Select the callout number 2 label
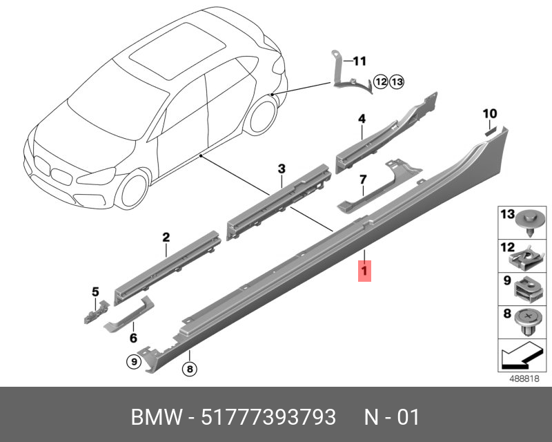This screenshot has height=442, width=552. [x=166, y=238]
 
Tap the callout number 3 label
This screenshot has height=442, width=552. [x=282, y=169]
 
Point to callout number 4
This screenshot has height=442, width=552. [x=361, y=119]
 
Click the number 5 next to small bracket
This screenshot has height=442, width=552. [x=96, y=291]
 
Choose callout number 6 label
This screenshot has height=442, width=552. [x=133, y=338]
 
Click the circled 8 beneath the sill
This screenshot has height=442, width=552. [x=189, y=370]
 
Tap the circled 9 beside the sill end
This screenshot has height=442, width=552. [x=131, y=360]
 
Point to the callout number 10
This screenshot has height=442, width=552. [x=489, y=113]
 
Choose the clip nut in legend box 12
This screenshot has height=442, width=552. [x=526, y=257]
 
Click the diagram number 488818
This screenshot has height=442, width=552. [x=524, y=379]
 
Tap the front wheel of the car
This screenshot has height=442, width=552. [x=133, y=190]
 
